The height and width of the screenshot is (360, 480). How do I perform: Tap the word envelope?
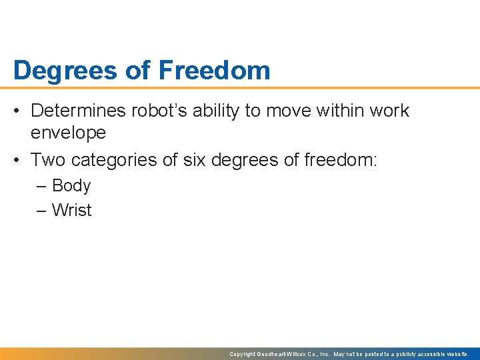pos(68,133)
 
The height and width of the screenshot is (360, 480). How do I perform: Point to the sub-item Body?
pos(71,186)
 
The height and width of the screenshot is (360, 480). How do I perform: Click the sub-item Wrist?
pos(71,211)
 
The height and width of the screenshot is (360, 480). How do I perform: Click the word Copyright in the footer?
pos(243,354)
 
